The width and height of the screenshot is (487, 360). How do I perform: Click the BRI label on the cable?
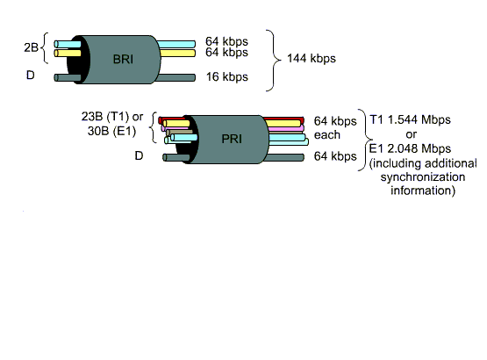click(124, 59)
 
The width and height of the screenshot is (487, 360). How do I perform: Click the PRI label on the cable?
click(232, 139)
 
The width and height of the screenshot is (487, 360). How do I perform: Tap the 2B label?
click(31, 47)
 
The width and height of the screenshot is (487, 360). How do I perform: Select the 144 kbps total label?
click(312, 59)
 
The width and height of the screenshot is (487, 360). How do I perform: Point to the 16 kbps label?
click(227, 76)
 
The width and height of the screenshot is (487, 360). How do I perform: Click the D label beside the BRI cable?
click(30, 75)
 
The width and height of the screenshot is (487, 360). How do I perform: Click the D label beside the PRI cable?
click(139, 155)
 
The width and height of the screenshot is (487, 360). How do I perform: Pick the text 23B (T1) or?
click(112, 117)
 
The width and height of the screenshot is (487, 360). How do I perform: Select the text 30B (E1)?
click(111, 131)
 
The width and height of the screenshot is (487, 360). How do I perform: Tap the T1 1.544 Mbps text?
click(410, 119)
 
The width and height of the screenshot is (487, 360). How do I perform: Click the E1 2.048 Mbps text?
click(410, 148)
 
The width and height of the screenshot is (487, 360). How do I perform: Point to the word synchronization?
click(423, 176)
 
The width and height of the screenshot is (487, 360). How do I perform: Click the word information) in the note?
click(423, 191)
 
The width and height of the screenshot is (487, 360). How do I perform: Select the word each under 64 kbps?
click(327, 135)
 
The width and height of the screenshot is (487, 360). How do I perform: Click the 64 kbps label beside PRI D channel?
click(335, 156)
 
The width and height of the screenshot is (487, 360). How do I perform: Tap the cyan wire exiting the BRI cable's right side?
click(176, 44)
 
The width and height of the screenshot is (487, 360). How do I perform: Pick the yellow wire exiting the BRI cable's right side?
click(177, 54)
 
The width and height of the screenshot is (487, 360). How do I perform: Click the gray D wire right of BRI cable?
click(175, 77)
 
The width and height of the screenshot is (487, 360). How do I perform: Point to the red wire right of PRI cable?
click(283, 119)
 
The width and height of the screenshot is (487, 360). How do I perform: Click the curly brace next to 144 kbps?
click(273, 61)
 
